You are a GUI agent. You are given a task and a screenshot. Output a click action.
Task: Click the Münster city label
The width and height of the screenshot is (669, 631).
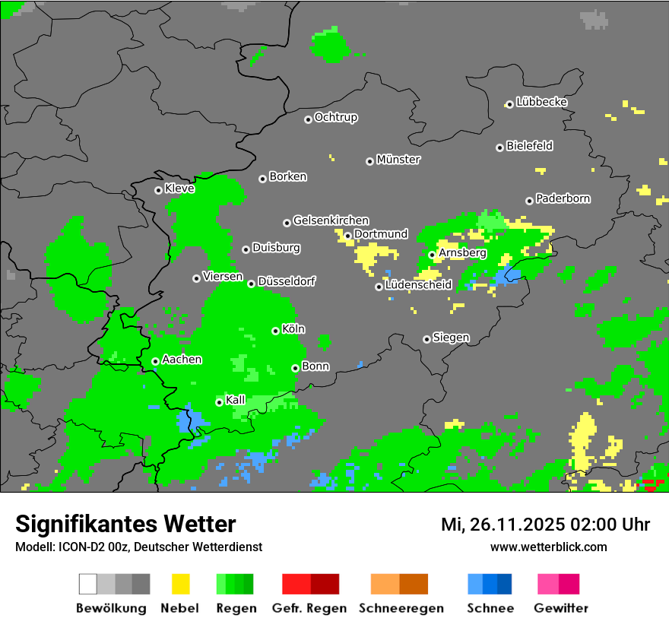click(x=398, y=160)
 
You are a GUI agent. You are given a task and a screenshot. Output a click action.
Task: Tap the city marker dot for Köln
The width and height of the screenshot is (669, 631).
click(x=276, y=331)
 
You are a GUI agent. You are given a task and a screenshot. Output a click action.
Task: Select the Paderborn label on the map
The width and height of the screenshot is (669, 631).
click(x=563, y=198)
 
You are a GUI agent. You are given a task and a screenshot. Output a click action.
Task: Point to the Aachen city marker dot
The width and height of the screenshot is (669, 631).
click(x=156, y=361)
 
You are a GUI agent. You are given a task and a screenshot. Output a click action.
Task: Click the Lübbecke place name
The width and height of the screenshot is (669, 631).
click(x=542, y=102)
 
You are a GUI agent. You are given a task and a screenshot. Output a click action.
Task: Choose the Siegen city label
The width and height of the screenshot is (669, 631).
click(x=452, y=338)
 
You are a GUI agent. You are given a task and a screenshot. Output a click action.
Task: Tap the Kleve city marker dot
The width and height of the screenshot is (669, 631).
click(x=159, y=190)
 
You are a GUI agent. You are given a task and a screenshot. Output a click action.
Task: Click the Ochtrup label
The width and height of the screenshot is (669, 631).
click(x=336, y=118)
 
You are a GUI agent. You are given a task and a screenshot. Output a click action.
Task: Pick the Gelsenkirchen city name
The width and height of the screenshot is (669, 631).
click(x=331, y=220)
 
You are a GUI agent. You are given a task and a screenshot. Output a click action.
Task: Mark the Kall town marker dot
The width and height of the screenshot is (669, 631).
click(x=220, y=402)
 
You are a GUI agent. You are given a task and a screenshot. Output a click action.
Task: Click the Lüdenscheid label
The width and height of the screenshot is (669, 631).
click(x=419, y=285)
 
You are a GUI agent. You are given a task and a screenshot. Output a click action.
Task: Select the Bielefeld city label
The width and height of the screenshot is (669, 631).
click(x=530, y=146)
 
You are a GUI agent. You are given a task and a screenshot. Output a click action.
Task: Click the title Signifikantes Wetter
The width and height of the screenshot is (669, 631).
click(x=125, y=524)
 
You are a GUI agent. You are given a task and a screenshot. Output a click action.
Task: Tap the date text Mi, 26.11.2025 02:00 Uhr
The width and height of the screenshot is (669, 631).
click(x=545, y=525)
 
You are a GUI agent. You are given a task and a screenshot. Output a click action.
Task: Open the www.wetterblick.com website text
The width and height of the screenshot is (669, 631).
click(x=548, y=547)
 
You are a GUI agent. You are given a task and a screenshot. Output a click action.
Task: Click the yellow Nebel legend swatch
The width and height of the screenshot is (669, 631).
click(x=180, y=584)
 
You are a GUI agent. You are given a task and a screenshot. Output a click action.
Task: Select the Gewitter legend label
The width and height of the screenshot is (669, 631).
click(x=561, y=608)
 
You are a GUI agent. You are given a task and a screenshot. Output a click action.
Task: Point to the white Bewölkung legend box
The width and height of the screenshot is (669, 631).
click(x=88, y=584)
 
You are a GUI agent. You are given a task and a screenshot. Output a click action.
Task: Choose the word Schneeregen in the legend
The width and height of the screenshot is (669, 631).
click(x=399, y=608)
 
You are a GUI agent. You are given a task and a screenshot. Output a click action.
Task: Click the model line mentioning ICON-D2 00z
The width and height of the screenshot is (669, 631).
click(x=138, y=547)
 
